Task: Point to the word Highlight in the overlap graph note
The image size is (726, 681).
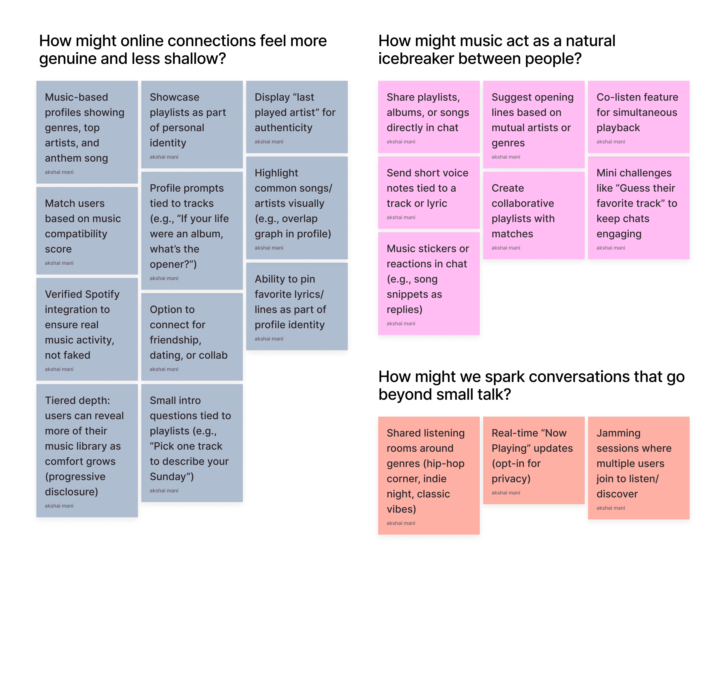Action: [276, 173]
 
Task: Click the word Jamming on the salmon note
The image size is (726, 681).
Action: [618, 433]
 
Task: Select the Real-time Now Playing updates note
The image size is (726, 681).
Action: [533, 460]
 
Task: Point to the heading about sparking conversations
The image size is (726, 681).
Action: [531, 385]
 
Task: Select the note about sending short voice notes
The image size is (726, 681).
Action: [429, 192]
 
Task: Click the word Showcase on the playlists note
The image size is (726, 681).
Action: [175, 97]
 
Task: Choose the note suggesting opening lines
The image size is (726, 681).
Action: [533, 124]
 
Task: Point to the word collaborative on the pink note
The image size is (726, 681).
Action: [523, 203]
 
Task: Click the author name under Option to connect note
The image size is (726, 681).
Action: [164, 369]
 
